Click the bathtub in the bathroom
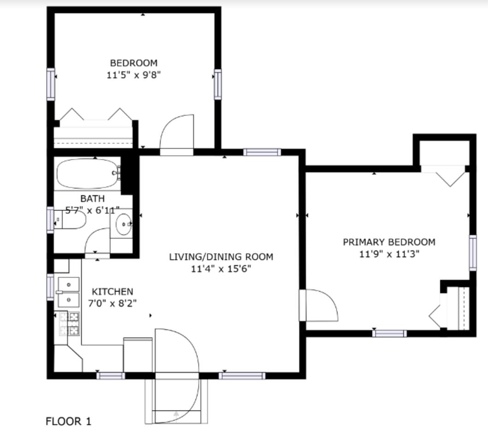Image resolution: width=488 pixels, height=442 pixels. pyautogui.click(x=88, y=173)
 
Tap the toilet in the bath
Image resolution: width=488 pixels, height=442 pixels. pyautogui.click(x=70, y=220)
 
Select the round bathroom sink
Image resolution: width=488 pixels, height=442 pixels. pyautogui.click(x=124, y=224)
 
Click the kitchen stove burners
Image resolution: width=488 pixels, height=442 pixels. pyautogui.click(x=69, y=324)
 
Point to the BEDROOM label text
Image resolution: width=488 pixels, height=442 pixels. pyautogui.click(x=134, y=63)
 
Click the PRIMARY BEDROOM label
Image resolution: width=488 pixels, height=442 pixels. pyautogui.click(x=389, y=242)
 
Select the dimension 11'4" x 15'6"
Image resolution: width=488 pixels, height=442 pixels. pyautogui.click(x=221, y=268)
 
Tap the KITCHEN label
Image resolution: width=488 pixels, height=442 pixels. pyautogui.click(x=112, y=291)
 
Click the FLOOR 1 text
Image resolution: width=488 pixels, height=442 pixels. pyautogui.click(x=69, y=421)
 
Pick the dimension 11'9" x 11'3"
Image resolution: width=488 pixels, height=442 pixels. pyautogui.click(x=389, y=254)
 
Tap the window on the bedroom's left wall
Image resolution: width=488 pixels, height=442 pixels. pyautogui.click(x=51, y=84)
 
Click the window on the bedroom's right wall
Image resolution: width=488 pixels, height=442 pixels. pyautogui.click(x=218, y=84)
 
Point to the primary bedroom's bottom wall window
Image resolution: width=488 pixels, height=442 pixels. pyautogui.click(x=390, y=334)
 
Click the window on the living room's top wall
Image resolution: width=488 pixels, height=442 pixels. pyautogui.click(x=262, y=152)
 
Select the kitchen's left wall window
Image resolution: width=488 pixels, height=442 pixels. pyautogui.click(x=50, y=287)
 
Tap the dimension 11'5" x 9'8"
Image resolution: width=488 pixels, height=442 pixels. pyautogui.click(x=134, y=75)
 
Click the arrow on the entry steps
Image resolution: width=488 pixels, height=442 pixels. pyautogui.click(x=176, y=414)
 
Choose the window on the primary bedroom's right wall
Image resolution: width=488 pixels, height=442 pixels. pyautogui.click(x=473, y=253)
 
